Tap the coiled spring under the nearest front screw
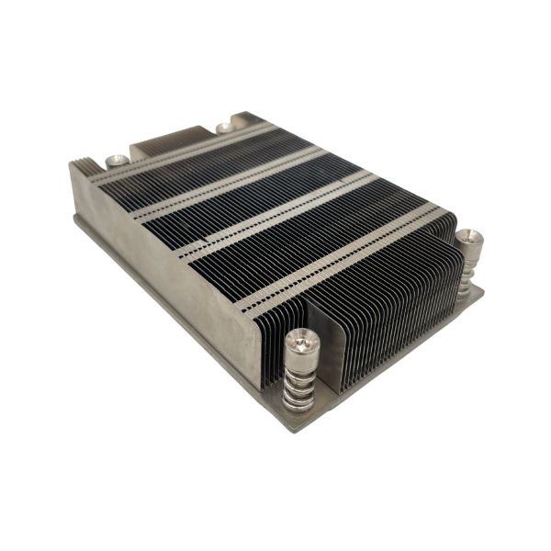click(x=299, y=386)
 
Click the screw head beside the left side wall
click(x=116, y=161)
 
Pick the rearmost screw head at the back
click(x=223, y=127)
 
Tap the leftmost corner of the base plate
click(x=73, y=220)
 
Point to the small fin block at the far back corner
click(x=246, y=119)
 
